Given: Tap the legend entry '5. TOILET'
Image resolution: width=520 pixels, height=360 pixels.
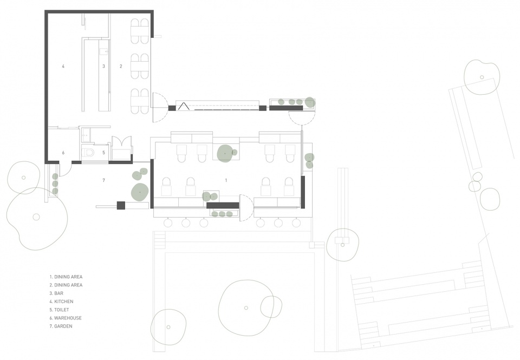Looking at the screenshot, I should tap(61, 310).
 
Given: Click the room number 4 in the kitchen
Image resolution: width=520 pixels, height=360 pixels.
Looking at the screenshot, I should tap(63, 66).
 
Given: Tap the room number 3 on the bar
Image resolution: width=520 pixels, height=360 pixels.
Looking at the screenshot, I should tap(103, 66).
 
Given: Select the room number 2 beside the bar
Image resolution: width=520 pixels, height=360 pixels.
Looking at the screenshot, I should tap(121, 66).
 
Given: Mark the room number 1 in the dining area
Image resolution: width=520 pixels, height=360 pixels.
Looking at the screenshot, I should tap(226, 179).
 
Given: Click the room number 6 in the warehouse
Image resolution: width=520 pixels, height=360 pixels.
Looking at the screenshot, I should tap(63, 153).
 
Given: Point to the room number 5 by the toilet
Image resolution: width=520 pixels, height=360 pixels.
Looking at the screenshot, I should tap(103, 153).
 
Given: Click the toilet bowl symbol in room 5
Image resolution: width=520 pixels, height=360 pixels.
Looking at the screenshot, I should tap(89, 153).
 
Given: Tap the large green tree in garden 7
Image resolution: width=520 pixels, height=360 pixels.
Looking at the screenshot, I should tap(139, 191).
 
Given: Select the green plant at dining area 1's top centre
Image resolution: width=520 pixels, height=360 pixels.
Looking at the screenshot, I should tap(224, 154).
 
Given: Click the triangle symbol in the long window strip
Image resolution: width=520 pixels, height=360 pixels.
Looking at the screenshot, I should tap(184, 107).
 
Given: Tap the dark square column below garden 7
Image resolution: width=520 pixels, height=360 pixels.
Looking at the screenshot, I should tap(121, 205).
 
